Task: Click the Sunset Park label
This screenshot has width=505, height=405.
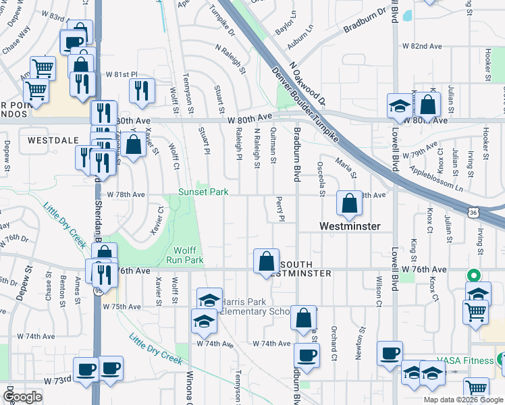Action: (x=203, y=192)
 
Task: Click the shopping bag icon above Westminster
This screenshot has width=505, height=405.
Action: (x=349, y=202)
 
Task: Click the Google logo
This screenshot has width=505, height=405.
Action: (x=23, y=396)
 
